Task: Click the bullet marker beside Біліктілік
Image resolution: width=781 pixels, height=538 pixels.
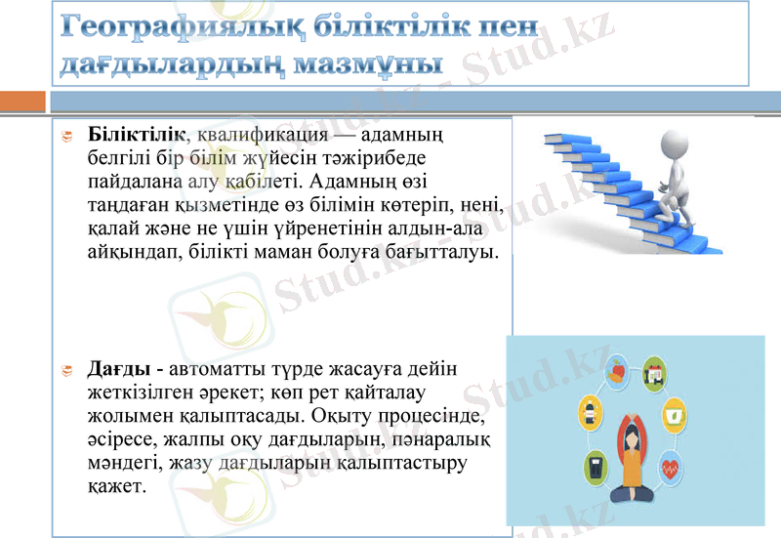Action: click(67, 136)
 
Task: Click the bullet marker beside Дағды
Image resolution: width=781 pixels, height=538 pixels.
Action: click(67, 370)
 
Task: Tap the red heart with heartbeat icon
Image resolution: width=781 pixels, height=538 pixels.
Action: click(670, 468)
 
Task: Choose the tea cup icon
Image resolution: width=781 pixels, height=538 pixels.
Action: click(674, 415)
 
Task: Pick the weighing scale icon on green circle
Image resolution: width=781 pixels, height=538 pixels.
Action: click(596, 466)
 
